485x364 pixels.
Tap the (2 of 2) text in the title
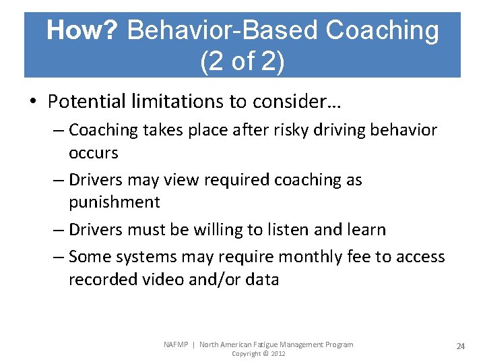tap(242, 61)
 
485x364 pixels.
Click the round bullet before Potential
tap(34, 102)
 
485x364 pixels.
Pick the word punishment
tap(114, 202)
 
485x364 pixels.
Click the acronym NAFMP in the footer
tap(177, 344)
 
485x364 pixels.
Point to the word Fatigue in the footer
tap(268, 344)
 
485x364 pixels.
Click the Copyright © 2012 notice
tap(259, 354)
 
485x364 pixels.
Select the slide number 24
tap(461, 346)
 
